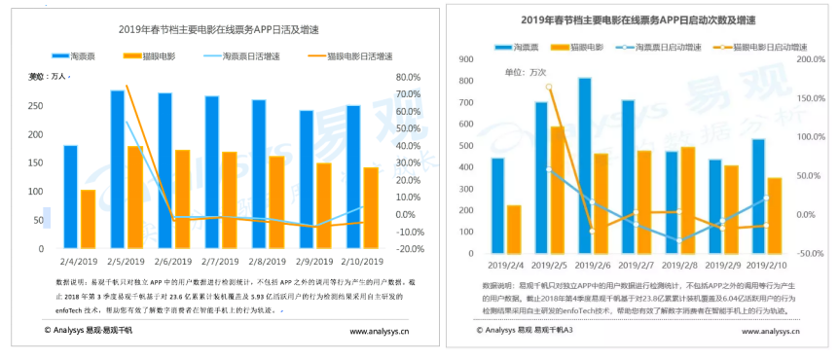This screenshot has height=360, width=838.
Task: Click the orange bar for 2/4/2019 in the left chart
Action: pos(88,219)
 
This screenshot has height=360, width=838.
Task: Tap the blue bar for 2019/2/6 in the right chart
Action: pos(584,166)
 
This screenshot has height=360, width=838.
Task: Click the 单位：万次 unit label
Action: pos(526,72)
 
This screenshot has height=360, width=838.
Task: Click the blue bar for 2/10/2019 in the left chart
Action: pos(352,177)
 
